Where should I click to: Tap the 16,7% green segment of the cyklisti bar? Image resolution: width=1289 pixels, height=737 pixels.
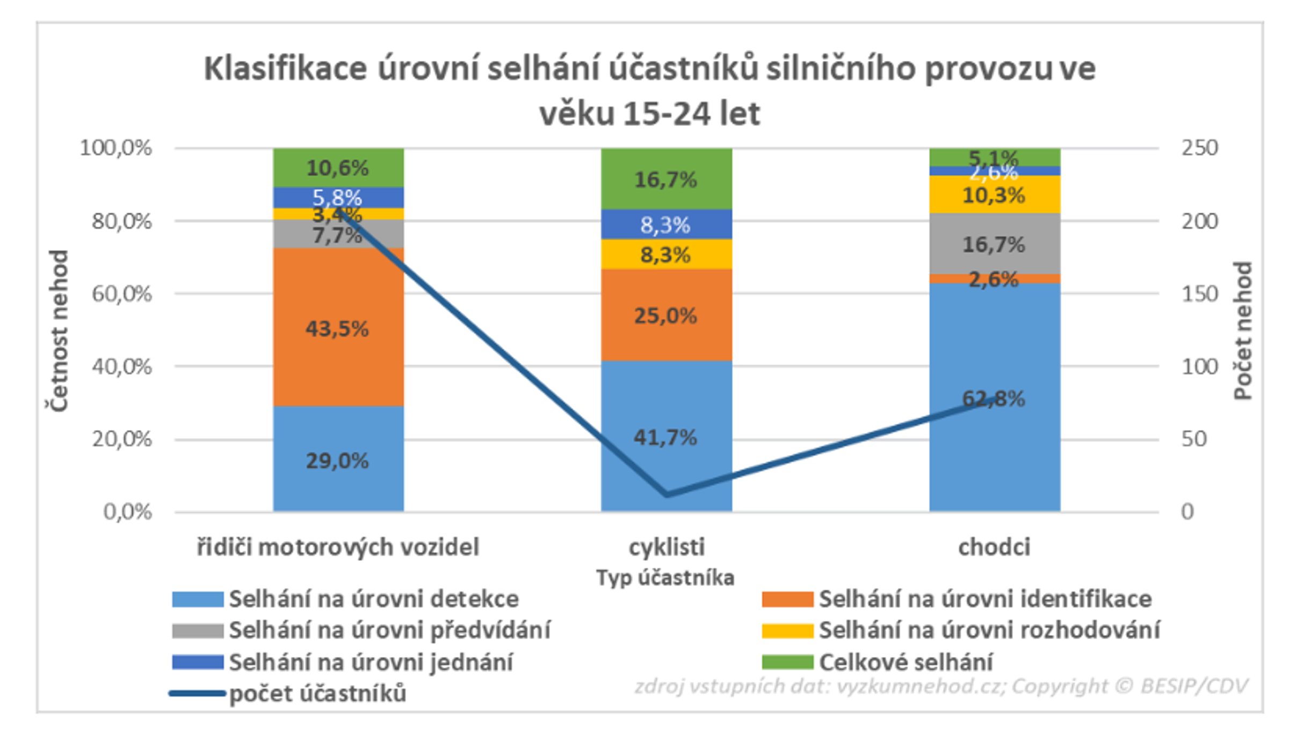[x=666, y=179]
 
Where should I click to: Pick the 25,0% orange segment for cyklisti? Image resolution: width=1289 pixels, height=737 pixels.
[x=666, y=315]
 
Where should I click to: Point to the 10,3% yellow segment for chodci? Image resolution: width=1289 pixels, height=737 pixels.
[x=995, y=194]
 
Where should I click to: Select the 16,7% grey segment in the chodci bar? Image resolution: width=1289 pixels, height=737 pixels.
[x=995, y=244]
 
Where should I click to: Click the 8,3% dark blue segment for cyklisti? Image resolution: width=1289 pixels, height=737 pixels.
[x=666, y=225]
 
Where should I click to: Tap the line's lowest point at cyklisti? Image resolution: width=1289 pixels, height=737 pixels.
[x=667, y=494]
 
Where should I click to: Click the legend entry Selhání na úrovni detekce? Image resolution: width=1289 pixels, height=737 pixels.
[x=374, y=599]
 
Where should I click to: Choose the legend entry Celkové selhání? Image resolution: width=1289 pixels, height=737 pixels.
[x=906, y=662]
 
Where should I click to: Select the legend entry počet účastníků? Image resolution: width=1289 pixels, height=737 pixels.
[x=317, y=693]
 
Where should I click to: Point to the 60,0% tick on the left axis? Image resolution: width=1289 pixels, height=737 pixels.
[x=122, y=294]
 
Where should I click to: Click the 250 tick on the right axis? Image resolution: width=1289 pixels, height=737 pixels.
[x=1199, y=148]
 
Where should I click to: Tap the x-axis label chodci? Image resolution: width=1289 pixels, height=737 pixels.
[x=994, y=547]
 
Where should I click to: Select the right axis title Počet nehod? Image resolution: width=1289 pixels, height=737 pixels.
[x=1243, y=330]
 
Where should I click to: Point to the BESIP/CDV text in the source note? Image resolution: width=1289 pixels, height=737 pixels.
[x=1193, y=687]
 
